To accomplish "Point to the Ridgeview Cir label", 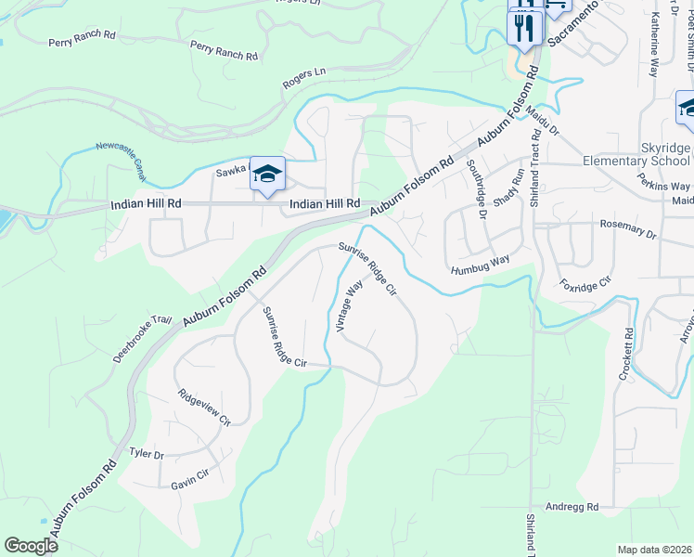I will click(204, 407).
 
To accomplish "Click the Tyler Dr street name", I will click(147, 455).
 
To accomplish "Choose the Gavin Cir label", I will click(190, 485).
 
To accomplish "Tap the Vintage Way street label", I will click(348, 306).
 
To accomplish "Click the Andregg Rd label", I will click(572, 507).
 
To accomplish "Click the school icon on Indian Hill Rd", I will click(266, 174).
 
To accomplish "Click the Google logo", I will click(31, 545).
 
